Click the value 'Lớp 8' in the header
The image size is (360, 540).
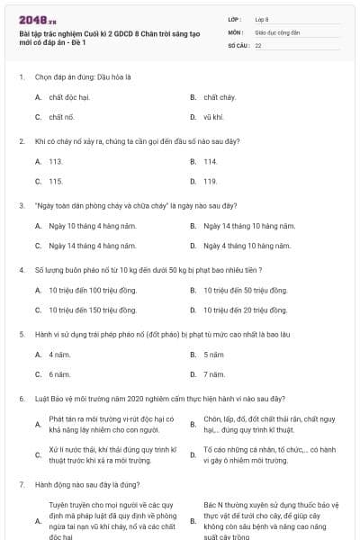coord(262,18)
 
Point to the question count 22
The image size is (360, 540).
coord(258,43)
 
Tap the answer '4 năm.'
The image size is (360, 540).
coord(59,354)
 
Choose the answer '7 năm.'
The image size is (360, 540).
coord(214,373)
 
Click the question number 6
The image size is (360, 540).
coord(21,398)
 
